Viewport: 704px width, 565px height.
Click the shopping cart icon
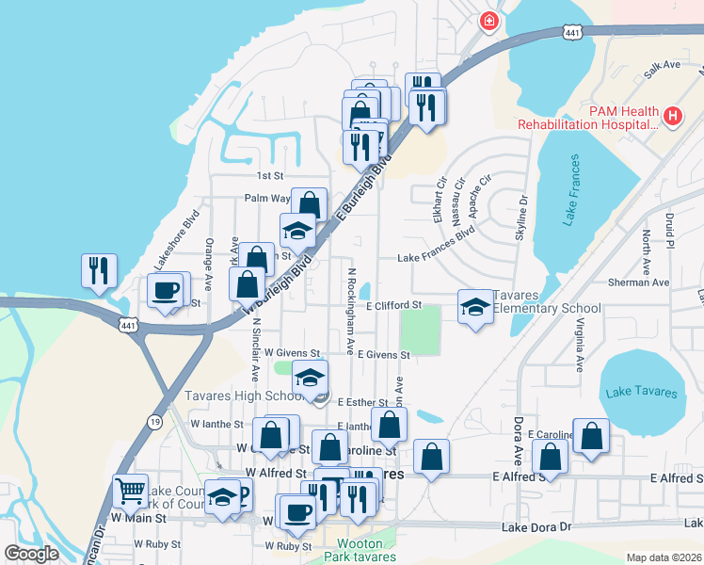click(x=130, y=490)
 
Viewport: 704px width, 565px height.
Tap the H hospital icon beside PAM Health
click(x=672, y=117)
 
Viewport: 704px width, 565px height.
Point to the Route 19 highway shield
click(x=153, y=423)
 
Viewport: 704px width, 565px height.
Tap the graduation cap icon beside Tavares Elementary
click(x=475, y=306)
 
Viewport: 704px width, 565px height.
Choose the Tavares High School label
click(x=243, y=395)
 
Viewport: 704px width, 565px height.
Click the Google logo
click(x=31, y=554)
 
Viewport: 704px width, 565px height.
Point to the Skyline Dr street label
click(x=521, y=218)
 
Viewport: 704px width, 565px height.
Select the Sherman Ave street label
click(x=640, y=282)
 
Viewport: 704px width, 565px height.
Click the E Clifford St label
click(x=393, y=306)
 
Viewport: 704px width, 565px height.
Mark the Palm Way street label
click(x=266, y=199)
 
